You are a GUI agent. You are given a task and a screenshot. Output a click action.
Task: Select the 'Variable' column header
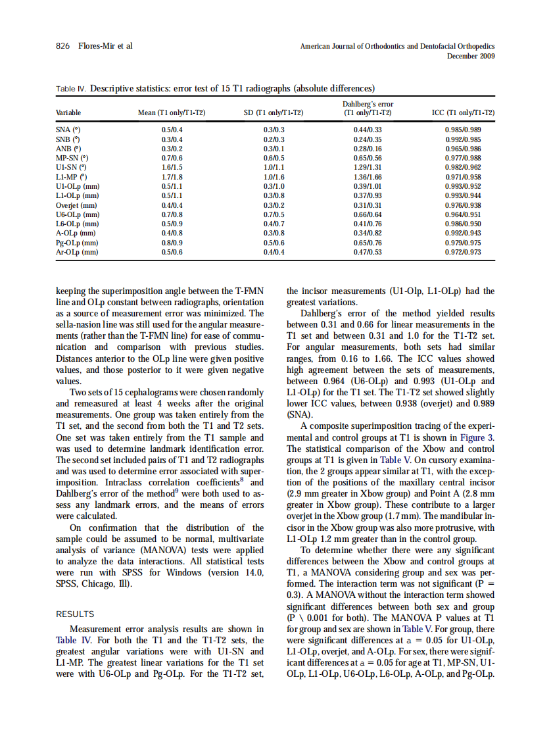(68, 112)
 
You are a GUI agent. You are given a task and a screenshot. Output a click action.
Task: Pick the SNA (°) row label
(68, 130)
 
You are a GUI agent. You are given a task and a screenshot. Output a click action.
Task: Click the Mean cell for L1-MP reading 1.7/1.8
(172, 177)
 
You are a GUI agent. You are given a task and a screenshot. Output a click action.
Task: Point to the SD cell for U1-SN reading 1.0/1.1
(273, 168)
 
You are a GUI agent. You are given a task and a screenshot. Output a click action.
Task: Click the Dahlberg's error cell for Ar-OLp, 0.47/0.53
(368, 252)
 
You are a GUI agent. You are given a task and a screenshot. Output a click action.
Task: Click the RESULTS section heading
(75, 614)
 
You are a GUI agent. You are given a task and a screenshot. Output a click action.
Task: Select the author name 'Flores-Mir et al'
(105, 46)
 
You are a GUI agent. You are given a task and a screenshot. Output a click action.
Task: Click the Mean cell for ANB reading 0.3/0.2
(172, 149)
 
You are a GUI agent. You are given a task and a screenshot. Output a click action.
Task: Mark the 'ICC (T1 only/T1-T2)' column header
(463, 112)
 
